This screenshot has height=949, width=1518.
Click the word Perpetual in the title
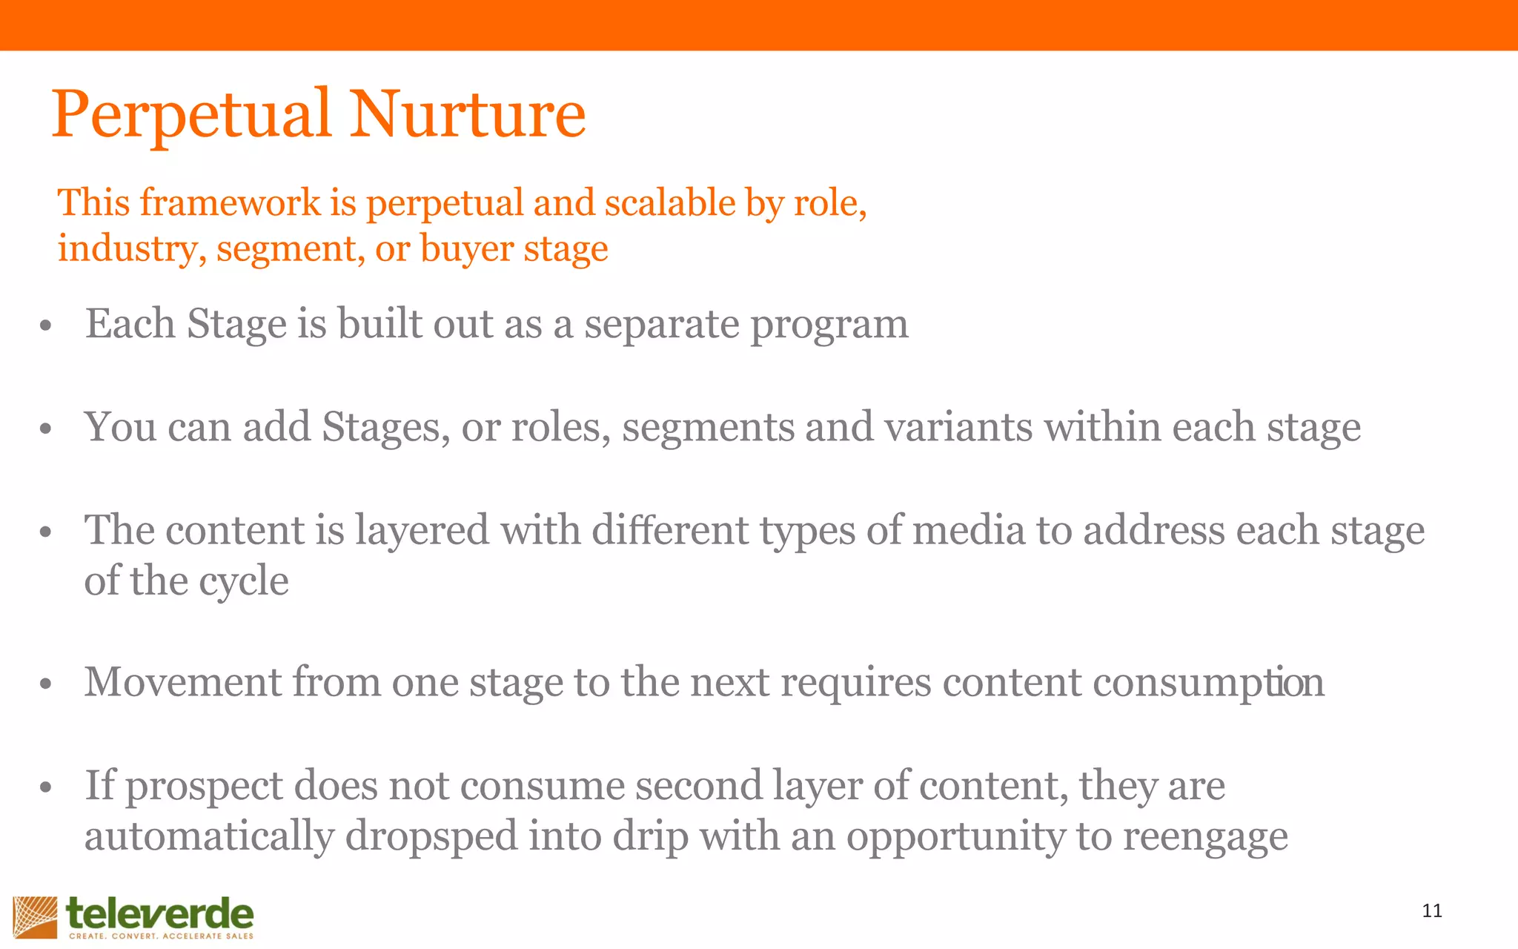point(191,115)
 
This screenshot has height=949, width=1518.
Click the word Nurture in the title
point(468,115)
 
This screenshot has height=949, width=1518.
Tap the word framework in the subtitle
point(231,202)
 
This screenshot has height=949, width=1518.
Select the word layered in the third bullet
point(422,531)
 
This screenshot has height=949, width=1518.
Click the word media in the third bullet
point(968,531)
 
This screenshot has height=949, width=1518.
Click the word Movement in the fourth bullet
point(183,682)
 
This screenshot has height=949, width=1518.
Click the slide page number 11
point(1432,911)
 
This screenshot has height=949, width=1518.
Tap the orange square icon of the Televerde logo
point(35,917)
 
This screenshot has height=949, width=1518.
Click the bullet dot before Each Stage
point(46,326)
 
